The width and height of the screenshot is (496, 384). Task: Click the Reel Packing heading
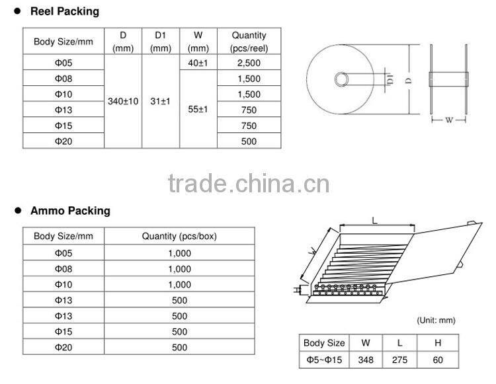[x=65, y=11]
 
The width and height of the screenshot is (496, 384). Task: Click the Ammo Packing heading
[x=70, y=211]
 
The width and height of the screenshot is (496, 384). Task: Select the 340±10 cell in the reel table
[x=123, y=101]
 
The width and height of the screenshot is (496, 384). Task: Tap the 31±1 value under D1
[x=161, y=101]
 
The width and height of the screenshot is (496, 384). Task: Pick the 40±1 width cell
[x=198, y=63]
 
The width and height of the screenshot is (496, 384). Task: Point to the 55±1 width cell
[x=198, y=109]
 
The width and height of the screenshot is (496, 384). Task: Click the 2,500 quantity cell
[x=249, y=63]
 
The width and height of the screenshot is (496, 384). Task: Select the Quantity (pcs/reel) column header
[x=249, y=42]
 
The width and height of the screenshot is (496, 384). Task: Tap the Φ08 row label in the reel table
[x=63, y=79]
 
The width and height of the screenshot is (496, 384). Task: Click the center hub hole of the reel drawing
[x=342, y=79]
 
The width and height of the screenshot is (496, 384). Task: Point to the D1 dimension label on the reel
[x=390, y=79]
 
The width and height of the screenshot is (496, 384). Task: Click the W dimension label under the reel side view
[x=449, y=120]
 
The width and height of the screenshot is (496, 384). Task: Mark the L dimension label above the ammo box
[x=375, y=220]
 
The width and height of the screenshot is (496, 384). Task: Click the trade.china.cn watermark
[x=249, y=183]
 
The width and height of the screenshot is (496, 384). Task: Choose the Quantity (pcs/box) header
[x=179, y=236]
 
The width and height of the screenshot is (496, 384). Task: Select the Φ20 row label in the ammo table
[x=63, y=348]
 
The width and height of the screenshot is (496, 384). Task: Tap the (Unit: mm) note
[x=436, y=320]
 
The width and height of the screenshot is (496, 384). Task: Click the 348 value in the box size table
[x=366, y=360]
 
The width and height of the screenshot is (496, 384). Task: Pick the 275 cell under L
[x=399, y=360]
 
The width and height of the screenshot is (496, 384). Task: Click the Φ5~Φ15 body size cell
[x=324, y=360]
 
